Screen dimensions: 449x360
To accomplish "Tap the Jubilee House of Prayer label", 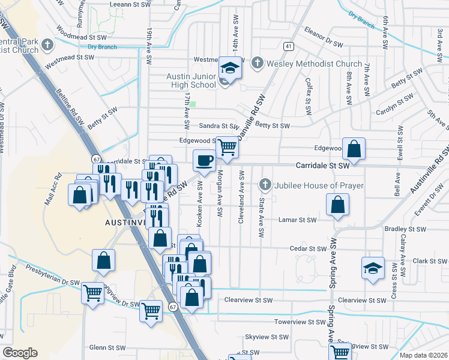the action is click(x=318, y=185).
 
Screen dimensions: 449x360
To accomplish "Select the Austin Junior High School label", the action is click(x=191, y=81).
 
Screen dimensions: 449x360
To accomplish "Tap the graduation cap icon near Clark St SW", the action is click(x=373, y=268).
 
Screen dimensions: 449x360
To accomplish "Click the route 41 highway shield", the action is click(x=289, y=46).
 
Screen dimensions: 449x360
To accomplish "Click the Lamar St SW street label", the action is click(x=297, y=220).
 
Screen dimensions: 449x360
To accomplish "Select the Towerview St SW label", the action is click(x=299, y=322).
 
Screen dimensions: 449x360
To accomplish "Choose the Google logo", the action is click(x=20, y=353).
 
